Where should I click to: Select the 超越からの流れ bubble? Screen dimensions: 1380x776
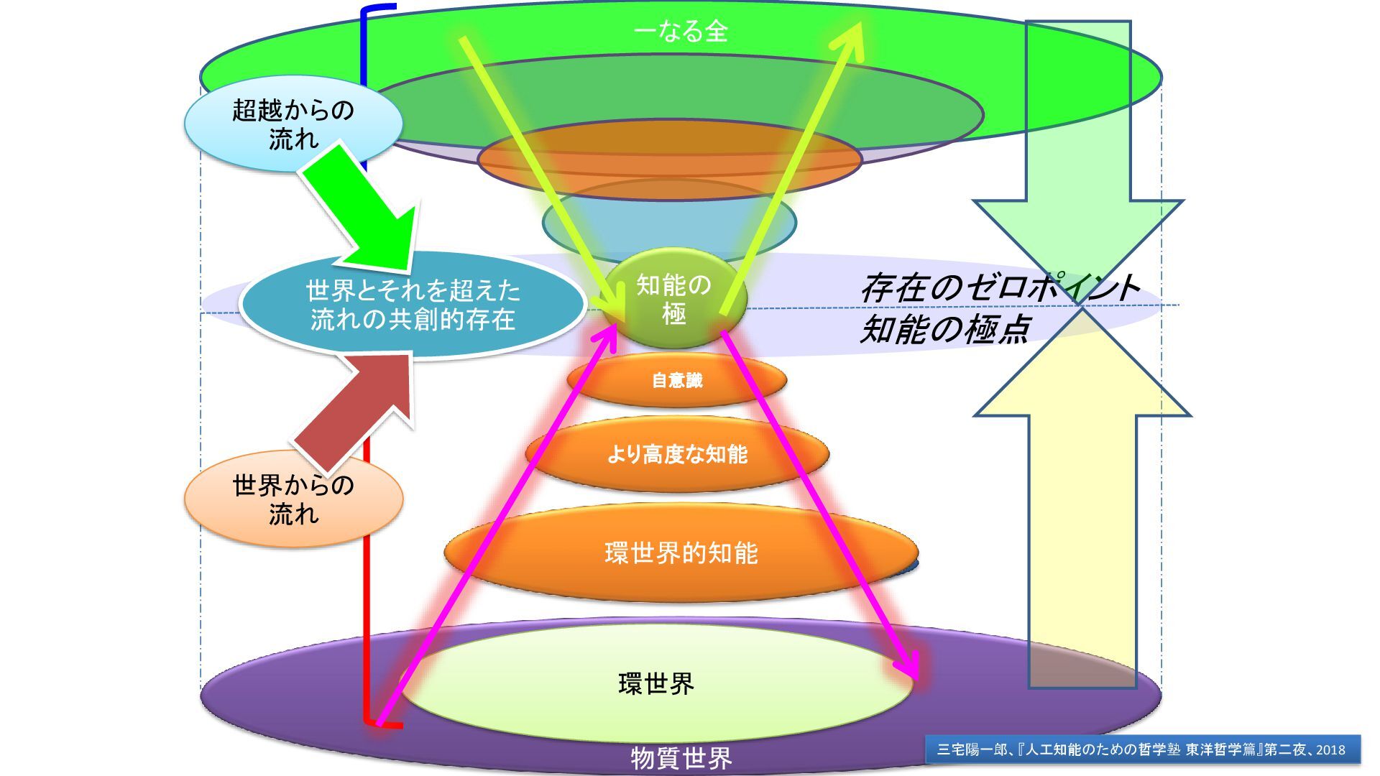(x=293, y=124)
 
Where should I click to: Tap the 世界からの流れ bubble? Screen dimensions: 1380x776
(x=293, y=499)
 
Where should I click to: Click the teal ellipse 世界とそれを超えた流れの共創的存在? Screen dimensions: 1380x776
(x=413, y=305)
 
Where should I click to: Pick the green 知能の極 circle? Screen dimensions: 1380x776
(x=673, y=299)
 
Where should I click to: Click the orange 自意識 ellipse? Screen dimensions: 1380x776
(x=676, y=380)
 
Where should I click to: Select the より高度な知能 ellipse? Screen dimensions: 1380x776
(x=677, y=454)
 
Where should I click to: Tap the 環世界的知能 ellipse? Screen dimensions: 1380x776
(x=681, y=553)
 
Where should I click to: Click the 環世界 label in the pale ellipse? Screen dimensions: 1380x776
(x=656, y=683)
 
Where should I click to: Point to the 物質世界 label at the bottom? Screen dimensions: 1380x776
(x=681, y=757)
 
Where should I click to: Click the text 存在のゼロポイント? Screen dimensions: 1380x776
(x=999, y=288)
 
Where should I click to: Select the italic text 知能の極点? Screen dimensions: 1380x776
(x=944, y=328)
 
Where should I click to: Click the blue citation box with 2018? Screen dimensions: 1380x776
(x=1142, y=749)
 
